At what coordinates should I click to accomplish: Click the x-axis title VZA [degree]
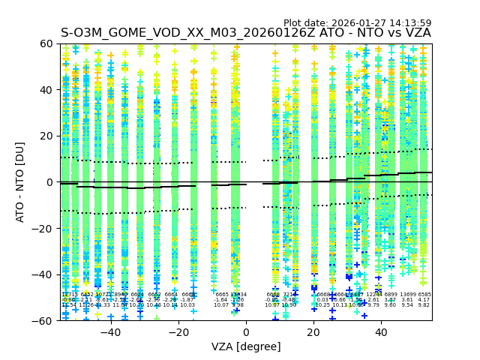tap(246, 346)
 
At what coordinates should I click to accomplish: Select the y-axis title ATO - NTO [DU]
tap(20, 182)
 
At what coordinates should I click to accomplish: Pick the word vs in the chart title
tap(387, 33)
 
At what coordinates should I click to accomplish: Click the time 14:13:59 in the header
tap(409, 23)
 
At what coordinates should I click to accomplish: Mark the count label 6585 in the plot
tap(424, 295)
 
